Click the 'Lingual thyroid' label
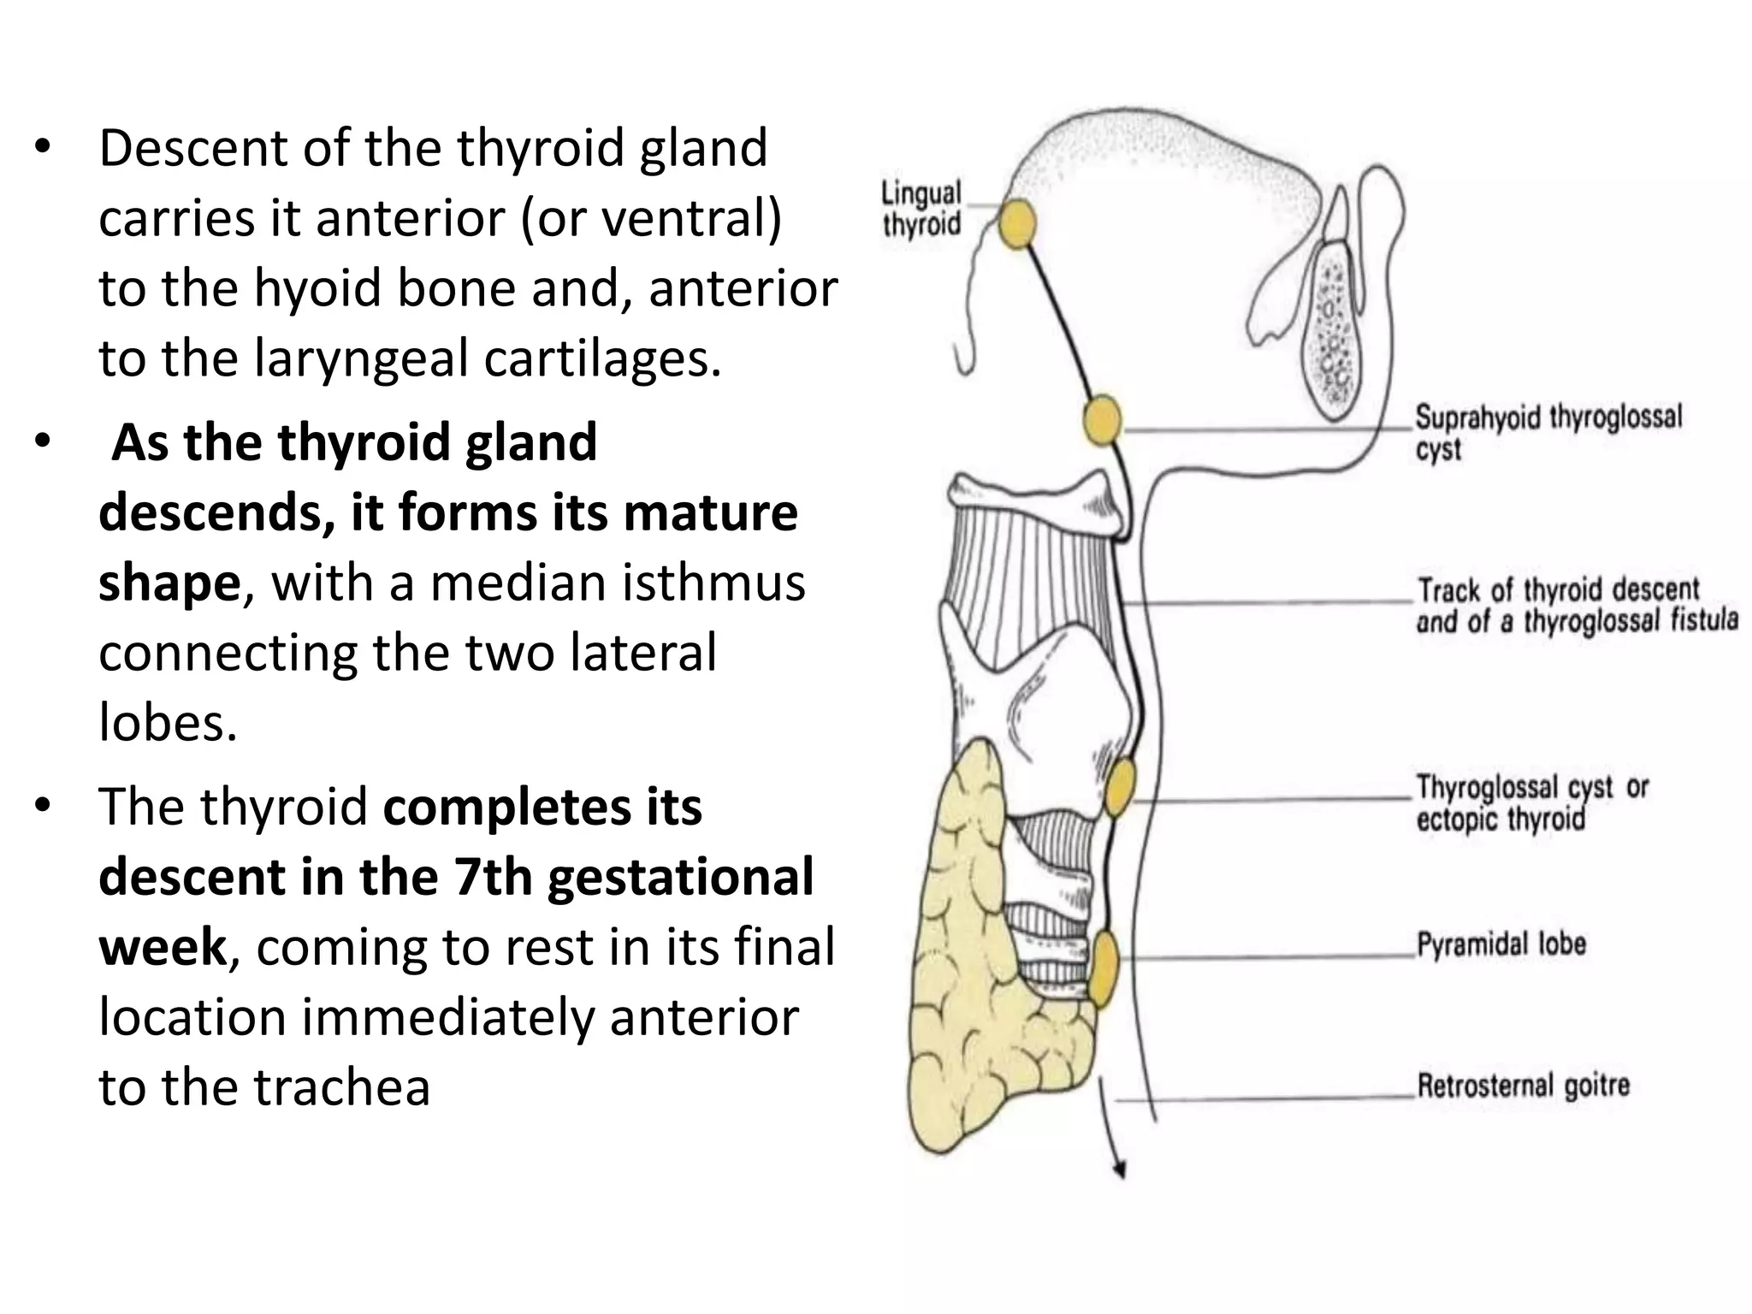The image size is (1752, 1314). [x=921, y=209]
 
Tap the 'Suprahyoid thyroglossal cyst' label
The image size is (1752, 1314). [x=1548, y=433]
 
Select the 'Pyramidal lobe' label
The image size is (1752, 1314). [x=1501, y=944]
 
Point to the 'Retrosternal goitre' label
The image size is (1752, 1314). [x=1523, y=1086]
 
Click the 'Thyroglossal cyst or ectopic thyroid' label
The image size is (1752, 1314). [x=1531, y=802]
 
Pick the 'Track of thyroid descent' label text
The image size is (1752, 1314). [x=1558, y=590]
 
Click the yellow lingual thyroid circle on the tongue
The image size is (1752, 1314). [x=1017, y=224]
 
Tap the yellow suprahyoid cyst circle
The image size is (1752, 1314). [x=1102, y=420]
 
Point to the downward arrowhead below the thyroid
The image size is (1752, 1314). [x=1119, y=1172]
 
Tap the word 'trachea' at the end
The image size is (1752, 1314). [x=341, y=1088]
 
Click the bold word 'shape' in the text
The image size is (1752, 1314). [x=169, y=583]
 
